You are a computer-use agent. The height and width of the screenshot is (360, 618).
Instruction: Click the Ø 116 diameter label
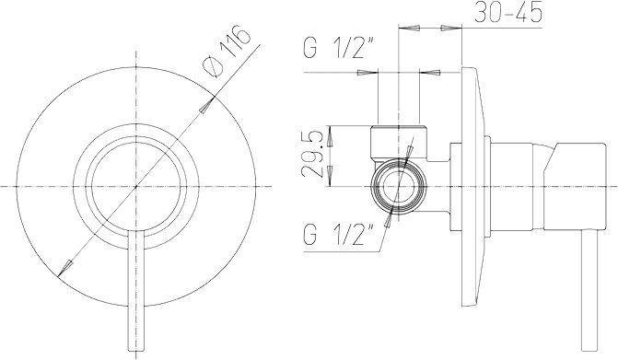(226, 52)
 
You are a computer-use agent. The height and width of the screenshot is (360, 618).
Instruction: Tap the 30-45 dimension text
(508, 13)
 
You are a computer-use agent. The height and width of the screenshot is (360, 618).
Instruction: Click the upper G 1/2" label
(339, 47)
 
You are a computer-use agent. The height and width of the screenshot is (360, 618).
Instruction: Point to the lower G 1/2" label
(339, 234)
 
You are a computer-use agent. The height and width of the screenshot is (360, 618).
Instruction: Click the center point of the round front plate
(136, 186)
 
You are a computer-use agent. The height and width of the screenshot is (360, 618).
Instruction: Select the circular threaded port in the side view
(399, 186)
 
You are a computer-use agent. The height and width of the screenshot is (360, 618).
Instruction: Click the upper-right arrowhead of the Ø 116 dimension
(206, 105)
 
